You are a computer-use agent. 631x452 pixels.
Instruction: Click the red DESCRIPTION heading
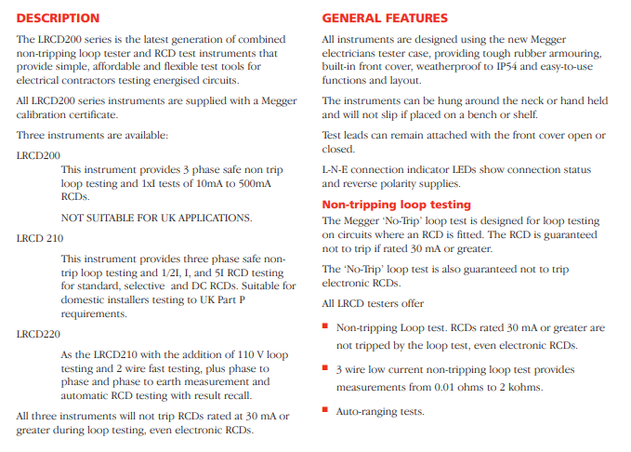pyautogui.click(x=58, y=18)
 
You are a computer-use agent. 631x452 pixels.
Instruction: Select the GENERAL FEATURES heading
pyautogui.click(x=385, y=18)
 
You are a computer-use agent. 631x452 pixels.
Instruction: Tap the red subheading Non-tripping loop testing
pyautogui.click(x=396, y=205)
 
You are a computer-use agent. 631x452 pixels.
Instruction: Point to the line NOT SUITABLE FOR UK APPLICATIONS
pyautogui.click(x=156, y=218)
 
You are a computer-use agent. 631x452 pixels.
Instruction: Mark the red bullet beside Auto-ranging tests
pyautogui.click(x=325, y=409)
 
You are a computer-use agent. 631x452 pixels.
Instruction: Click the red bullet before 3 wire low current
pyautogui.click(x=325, y=368)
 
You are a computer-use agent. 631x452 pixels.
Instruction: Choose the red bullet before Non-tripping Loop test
pyautogui.click(x=325, y=326)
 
